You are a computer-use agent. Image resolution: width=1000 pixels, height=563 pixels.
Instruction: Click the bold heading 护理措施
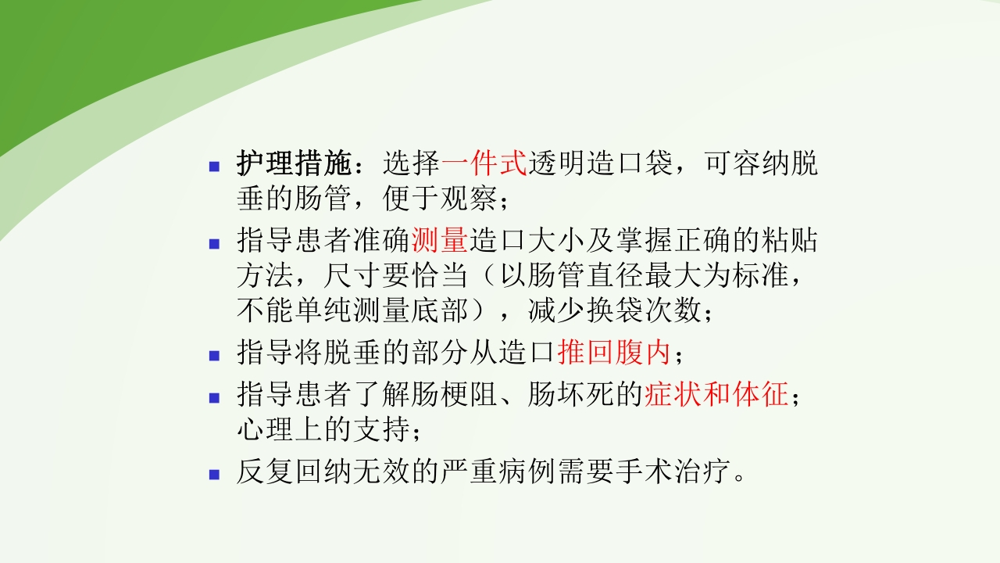point(295,163)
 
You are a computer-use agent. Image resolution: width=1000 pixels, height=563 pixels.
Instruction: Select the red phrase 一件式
point(484,163)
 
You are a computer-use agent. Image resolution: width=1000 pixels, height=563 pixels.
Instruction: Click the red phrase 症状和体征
point(717,393)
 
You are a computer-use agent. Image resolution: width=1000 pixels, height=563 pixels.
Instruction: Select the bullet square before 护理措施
point(214,166)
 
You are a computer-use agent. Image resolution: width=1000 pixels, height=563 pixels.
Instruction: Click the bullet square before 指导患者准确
point(214,242)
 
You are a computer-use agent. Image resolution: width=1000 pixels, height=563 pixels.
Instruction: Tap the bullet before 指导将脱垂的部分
point(214,356)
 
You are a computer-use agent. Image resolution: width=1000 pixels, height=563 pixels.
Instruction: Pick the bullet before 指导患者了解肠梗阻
point(214,396)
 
